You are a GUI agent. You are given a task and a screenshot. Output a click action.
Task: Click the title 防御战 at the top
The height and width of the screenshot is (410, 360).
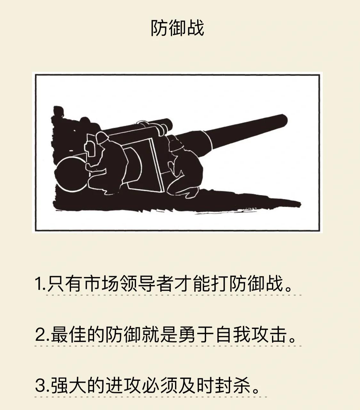pos(177,28)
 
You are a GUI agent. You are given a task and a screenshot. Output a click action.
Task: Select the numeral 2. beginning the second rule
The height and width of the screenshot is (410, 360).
pos(42,335)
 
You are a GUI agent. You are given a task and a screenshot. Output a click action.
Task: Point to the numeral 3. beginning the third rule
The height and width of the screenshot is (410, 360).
pos(42,386)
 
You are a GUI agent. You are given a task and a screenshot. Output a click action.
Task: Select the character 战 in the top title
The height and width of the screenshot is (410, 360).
pos(195,28)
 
